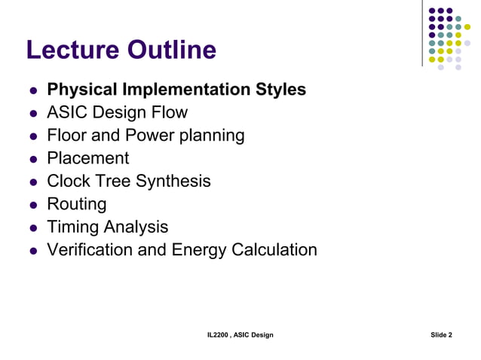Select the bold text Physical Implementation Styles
click(176, 90)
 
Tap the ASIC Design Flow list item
click(117, 113)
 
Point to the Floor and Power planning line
click(146, 136)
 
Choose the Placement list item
click(87, 158)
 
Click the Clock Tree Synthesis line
click(128, 182)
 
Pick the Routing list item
click(76, 204)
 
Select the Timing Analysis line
click(107, 227)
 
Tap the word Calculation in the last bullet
click(273, 249)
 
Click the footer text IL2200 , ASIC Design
click(240, 334)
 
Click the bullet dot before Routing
click(33, 205)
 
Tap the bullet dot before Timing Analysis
click(33, 227)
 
